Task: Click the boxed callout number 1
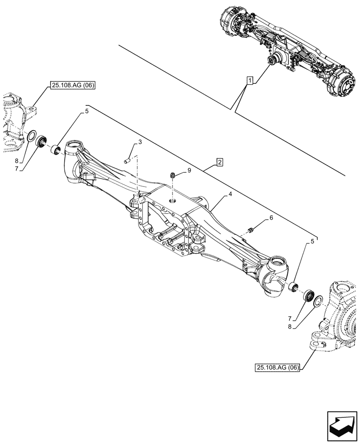click(x=250, y=81)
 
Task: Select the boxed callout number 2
click(x=219, y=162)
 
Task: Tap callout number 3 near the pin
click(x=140, y=142)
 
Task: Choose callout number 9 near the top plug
click(x=190, y=170)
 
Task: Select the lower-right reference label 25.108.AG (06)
click(x=278, y=367)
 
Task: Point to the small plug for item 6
click(x=250, y=229)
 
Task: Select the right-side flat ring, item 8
click(x=318, y=302)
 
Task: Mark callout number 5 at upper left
click(x=87, y=112)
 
